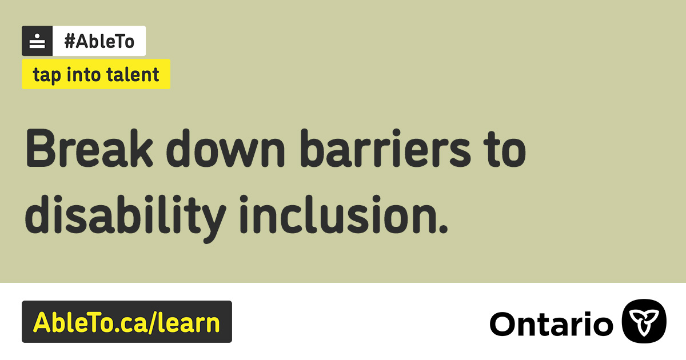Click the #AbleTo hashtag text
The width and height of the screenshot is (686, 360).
pyautogui.click(x=99, y=41)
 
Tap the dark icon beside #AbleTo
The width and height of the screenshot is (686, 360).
pyautogui.click(x=37, y=41)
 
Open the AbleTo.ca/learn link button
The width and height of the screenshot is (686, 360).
pyautogui.click(x=127, y=322)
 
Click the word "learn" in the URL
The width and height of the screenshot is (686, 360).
pyautogui.click(x=190, y=322)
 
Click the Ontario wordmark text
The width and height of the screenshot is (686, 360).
pyautogui.click(x=551, y=323)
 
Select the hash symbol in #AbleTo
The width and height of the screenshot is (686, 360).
pyautogui.click(x=70, y=41)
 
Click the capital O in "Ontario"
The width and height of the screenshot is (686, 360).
pyautogui.click(x=503, y=324)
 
